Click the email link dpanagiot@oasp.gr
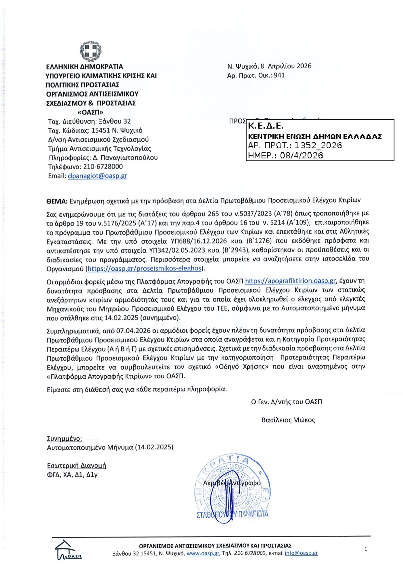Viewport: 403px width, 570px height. pos(97,176)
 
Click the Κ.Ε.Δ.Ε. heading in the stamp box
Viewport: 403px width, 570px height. pos(266,126)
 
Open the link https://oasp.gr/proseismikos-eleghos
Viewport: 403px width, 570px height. pos(144,268)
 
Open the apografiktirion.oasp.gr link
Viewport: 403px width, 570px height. pos(290,281)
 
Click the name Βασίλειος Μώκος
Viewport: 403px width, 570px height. pos(288,420)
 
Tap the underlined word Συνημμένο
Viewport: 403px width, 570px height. pos(64,439)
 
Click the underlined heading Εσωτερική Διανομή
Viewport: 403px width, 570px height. pos(76,465)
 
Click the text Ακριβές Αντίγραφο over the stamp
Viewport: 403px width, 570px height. pos(232,483)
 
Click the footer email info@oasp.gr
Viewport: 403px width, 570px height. pos(301,553)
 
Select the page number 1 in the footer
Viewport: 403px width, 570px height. pos(366,549)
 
